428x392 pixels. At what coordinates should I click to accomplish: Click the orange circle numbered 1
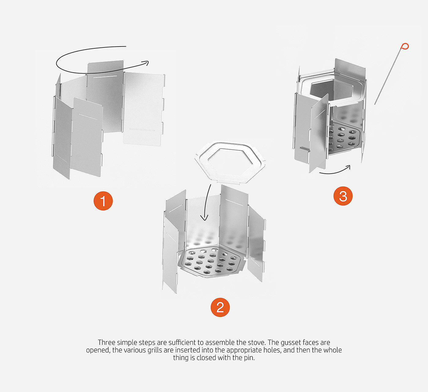tap(103, 201)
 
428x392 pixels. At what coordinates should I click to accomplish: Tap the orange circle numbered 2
tap(220, 307)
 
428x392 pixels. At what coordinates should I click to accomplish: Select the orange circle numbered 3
tap(343, 196)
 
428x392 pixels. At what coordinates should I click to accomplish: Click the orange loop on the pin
tap(405, 46)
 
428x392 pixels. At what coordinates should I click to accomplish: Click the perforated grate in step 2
tap(211, 262)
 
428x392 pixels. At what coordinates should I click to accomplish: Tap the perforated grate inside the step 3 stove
tap(344, 137)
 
